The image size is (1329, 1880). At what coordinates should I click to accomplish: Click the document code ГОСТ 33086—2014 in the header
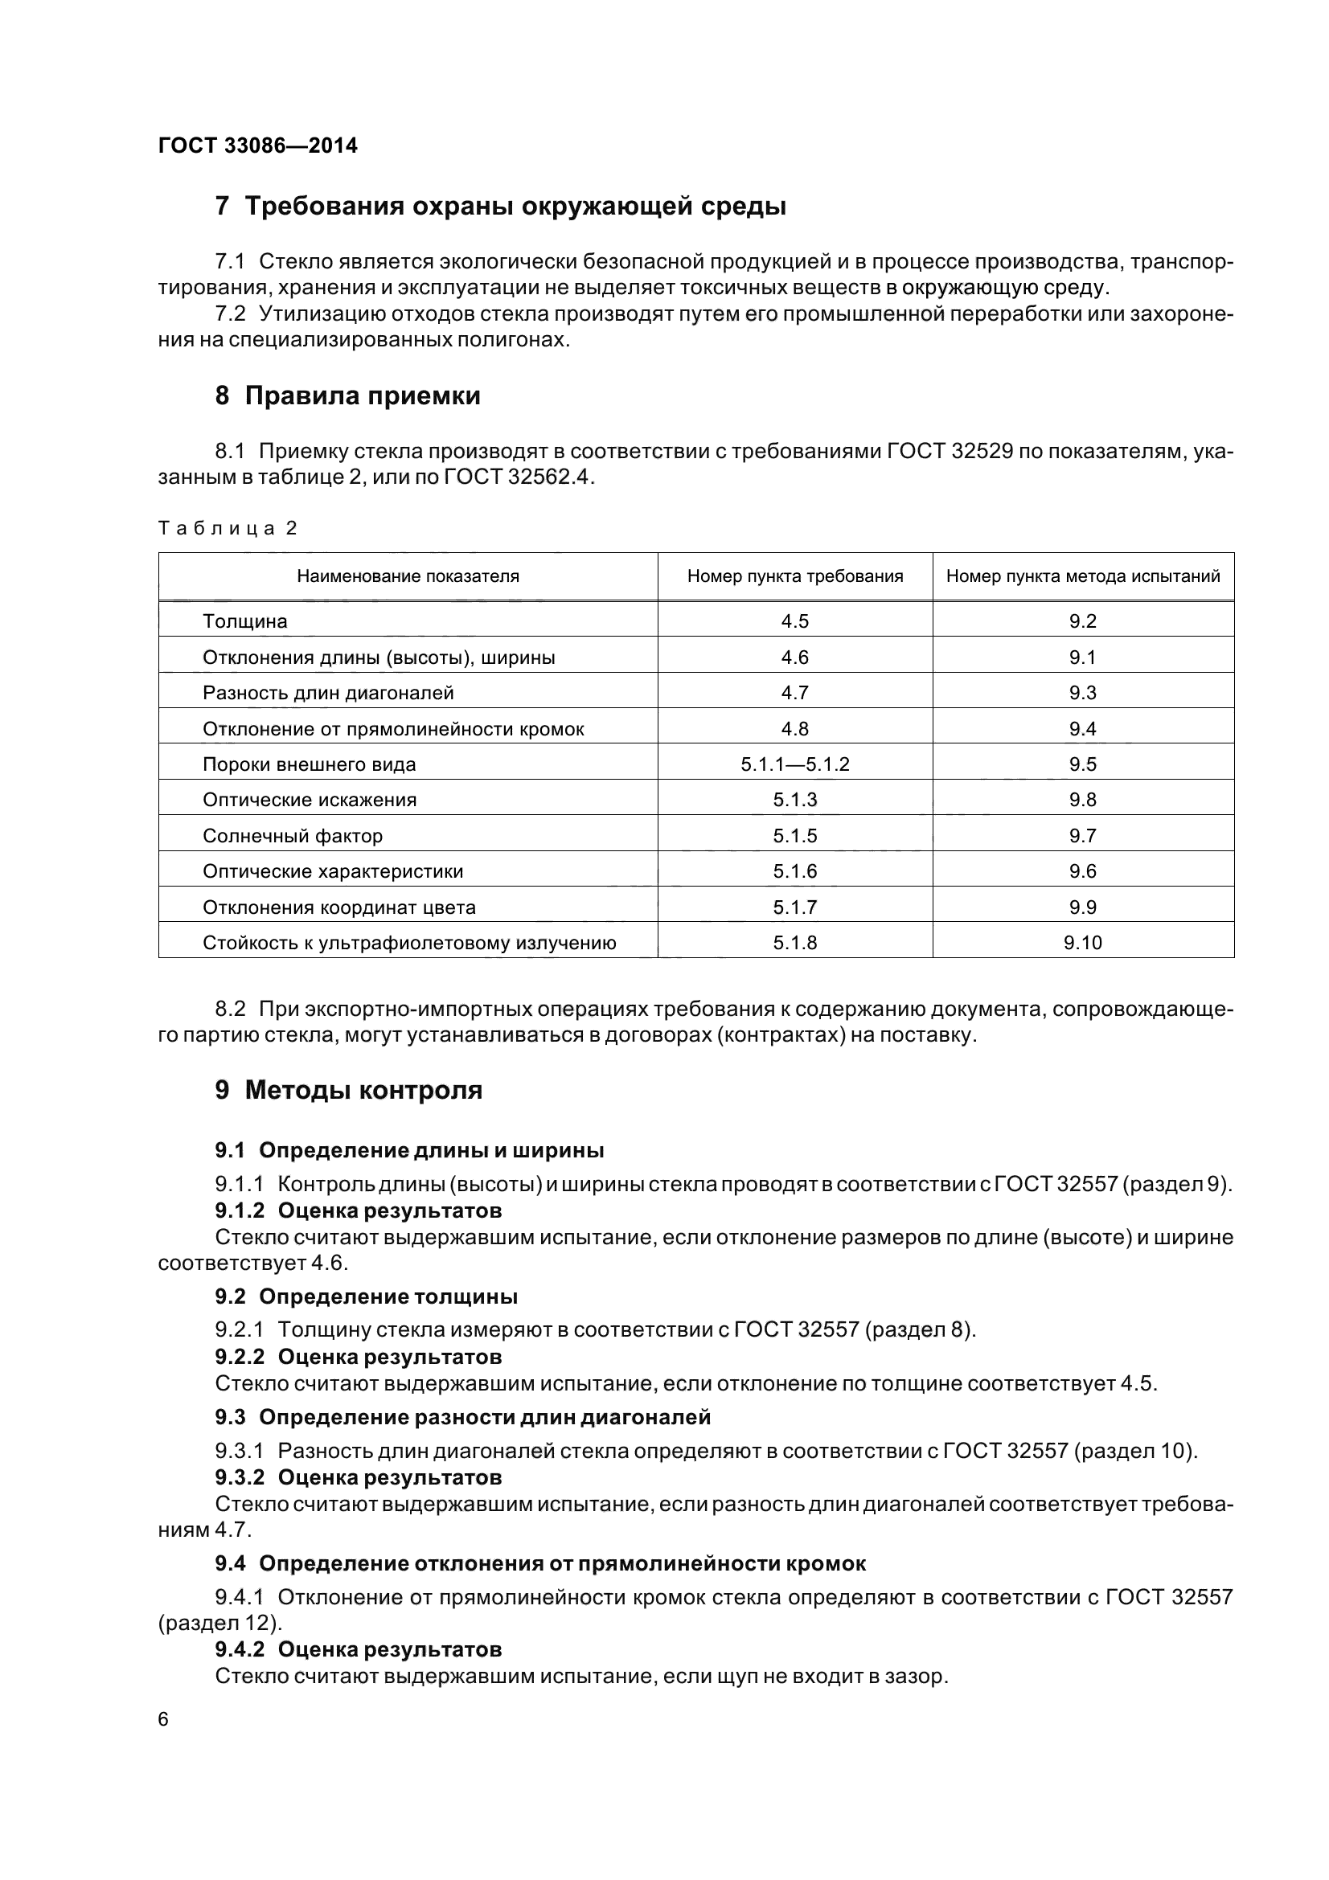[257, 145]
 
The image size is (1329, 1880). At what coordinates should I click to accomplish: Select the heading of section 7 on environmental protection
[499, 207]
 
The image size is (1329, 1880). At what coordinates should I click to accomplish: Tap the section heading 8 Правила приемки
[347, 396]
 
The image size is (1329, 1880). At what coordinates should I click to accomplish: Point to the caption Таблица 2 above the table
[227, 528]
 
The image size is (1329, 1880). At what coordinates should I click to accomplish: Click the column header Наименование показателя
[408, 576]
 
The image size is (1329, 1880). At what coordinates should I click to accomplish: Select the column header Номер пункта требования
[794, 576]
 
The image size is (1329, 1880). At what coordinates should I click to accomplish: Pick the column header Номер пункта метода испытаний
[1082, 576]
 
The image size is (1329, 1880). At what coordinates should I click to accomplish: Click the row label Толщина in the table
[245, 621]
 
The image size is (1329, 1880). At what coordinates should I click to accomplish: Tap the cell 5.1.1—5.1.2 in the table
[794, 764]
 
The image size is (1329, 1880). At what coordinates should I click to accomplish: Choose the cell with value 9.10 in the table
[1082, 944]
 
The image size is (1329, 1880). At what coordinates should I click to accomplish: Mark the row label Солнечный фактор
[293, 836]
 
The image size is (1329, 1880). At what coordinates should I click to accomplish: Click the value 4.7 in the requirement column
[794, 694]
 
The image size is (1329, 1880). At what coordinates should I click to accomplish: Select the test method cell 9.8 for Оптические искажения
[1082, 800]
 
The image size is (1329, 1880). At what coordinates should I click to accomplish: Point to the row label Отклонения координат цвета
[339, 907]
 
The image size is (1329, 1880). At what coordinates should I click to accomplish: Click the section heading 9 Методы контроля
[348, 1091]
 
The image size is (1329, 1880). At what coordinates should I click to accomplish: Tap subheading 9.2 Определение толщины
[366, 1297]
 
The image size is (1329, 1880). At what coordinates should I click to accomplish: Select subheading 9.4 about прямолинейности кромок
[539, 1564]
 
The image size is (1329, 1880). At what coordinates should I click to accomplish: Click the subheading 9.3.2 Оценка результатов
[358, 1477]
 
